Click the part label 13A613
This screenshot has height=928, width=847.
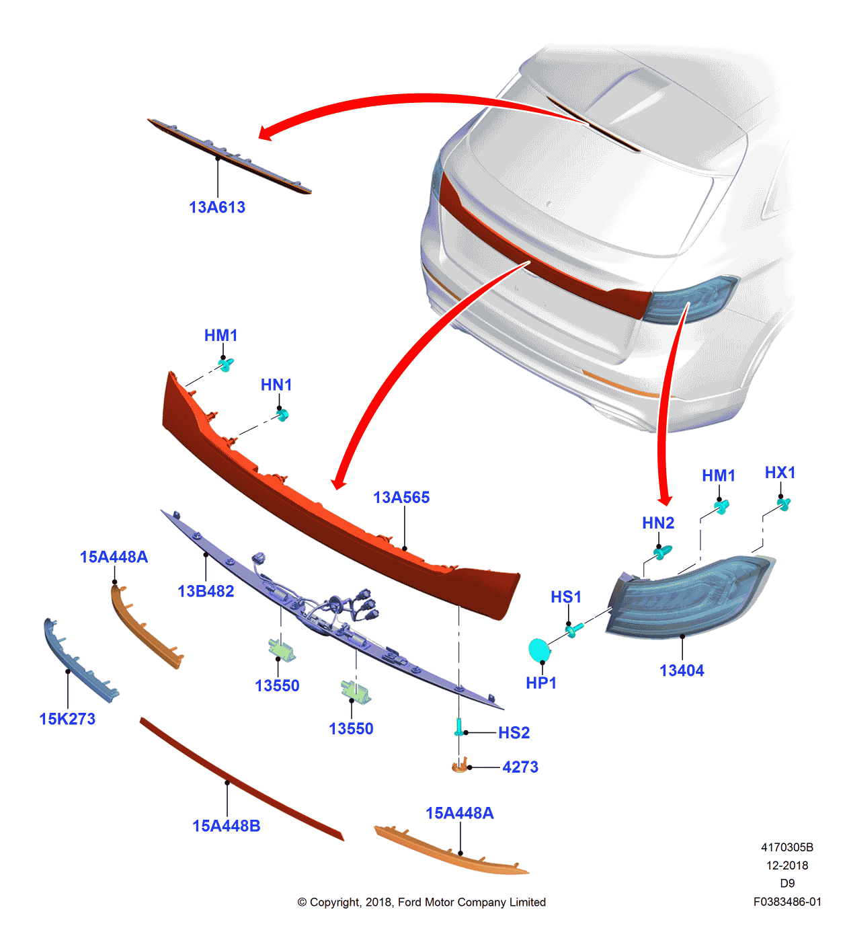click(x=217, y=207)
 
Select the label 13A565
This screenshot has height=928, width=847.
click(x=401, y=498)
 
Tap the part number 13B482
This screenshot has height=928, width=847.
click(x=206, y=591)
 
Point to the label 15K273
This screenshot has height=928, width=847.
click(x=67, y=719)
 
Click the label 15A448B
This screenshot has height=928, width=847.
click(x=227, y=826)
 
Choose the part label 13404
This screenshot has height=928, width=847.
click(x=682, y=670)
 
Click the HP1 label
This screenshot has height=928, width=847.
click(x=540, y=683)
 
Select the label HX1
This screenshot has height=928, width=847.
click(x=780, y=472)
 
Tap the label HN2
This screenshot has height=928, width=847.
click(x=658, y=523)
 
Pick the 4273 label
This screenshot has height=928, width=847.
click(x=520, y=767)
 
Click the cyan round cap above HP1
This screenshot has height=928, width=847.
click(x=539, y=650)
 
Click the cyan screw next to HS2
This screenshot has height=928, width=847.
click(x=459, y=728)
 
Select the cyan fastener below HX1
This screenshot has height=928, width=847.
click(x=784, y=504)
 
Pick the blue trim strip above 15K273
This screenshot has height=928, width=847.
click(x=80, y=660)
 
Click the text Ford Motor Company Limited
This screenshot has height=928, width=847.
click(x=472, y=902)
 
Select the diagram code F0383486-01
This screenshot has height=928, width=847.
click(x=787, y=902)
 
